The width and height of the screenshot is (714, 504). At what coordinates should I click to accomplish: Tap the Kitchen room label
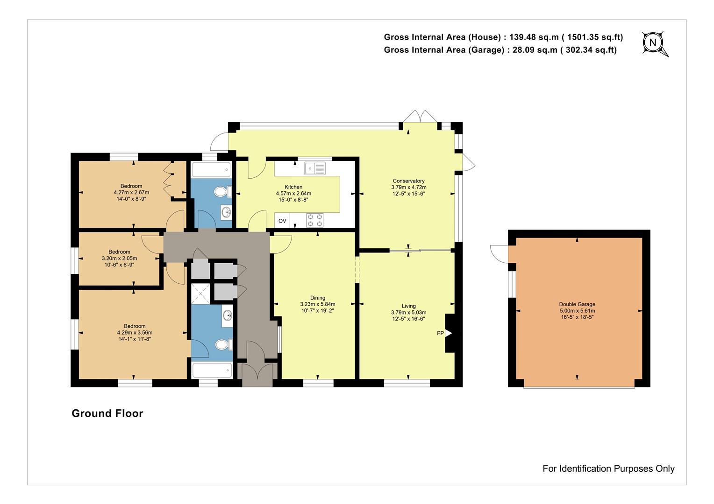[x=293, y=187]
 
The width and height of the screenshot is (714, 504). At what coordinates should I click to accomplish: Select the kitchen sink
[x=314, y=168]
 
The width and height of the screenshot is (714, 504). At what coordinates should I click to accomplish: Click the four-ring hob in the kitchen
[x=314, y=220]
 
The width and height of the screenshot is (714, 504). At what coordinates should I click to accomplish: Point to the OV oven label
[x=282, y=221]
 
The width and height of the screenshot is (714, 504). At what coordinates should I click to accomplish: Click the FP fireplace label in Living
[x=440, y=333]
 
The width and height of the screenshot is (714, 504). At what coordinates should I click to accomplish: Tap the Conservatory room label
[x=408, y=181]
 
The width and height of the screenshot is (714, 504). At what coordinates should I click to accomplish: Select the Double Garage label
[x=577, y=304]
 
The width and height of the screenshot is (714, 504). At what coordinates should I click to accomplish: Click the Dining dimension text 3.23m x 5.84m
[x=317, y=304]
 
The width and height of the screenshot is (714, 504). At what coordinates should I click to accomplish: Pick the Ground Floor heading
[x=107, y=413]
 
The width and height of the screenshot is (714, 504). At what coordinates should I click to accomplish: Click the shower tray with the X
[x=200, y=294]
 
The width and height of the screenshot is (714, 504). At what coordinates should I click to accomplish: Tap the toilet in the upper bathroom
[x=223, y=192]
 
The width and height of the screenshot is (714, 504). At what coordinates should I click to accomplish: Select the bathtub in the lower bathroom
[x=212, y=370]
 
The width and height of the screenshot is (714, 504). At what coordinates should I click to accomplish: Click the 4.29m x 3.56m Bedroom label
[x=135, y=332]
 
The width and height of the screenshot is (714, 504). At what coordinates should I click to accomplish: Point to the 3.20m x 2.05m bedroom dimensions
[x=119, y=258]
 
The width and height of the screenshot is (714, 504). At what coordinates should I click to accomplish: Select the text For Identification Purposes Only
[x=608, y=469]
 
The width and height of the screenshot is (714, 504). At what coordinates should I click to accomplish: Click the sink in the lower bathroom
[x=228, y=315]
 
